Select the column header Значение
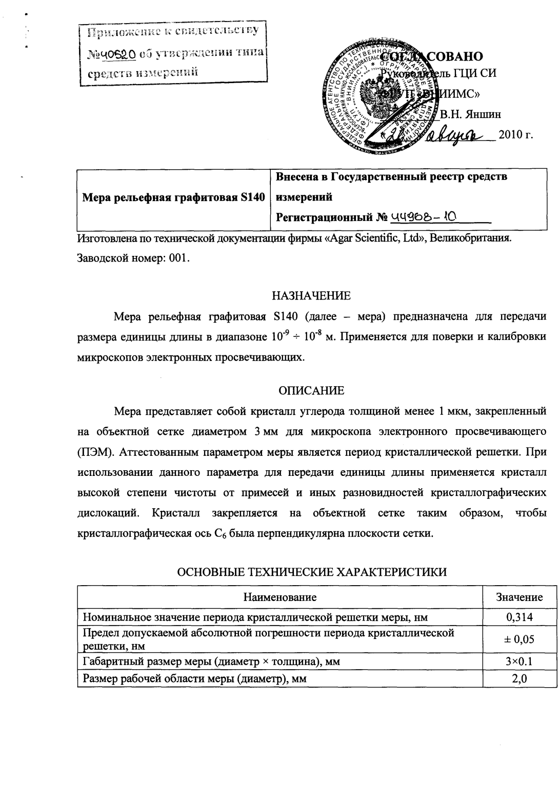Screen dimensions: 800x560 click(519, 597)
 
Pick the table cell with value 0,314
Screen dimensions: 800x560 click(519, 617)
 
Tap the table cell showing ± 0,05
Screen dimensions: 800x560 click(519, 638)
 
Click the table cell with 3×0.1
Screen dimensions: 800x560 click(519, 661)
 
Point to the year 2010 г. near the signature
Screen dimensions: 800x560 click(512, 135)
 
